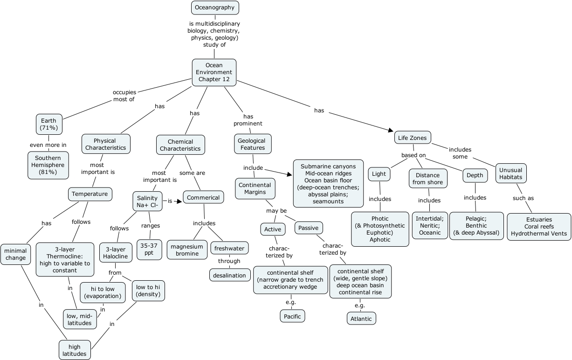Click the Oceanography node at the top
pyautogui.click(x=215, y=7)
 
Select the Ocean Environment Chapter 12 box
pyautogui.click(x=214, y=72)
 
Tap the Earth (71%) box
pyautogui.click(x=49, y=124)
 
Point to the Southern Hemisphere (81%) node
pyautogui.click(x=48, y=165)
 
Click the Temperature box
pyautogui.click(x=90, y=194)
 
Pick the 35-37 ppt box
pyautogui.click(x=149, y=249)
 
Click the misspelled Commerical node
pyautogui.click(x=203, y=198)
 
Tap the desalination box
pyautogui.click(x=229, y=276)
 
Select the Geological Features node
pyautogui.click(x=252, y=144)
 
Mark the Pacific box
pyautogui.click(x=293, y=316)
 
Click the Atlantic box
pyautogui.click(x=361, y=319)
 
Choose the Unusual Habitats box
pyautogui.click(x=510, y=173)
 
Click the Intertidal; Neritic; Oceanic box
pyautogui.click(x=430, y=225)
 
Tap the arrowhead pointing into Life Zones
pyautogui.click(x=391, y=131)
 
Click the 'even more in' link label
pyautogui.click(x=48, y=145)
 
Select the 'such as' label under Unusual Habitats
pyautogui.click(x=523, y=198)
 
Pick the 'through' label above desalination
pyautogui.click(x=229, y=261)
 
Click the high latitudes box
pyautogui.click(x=75, y=350)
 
